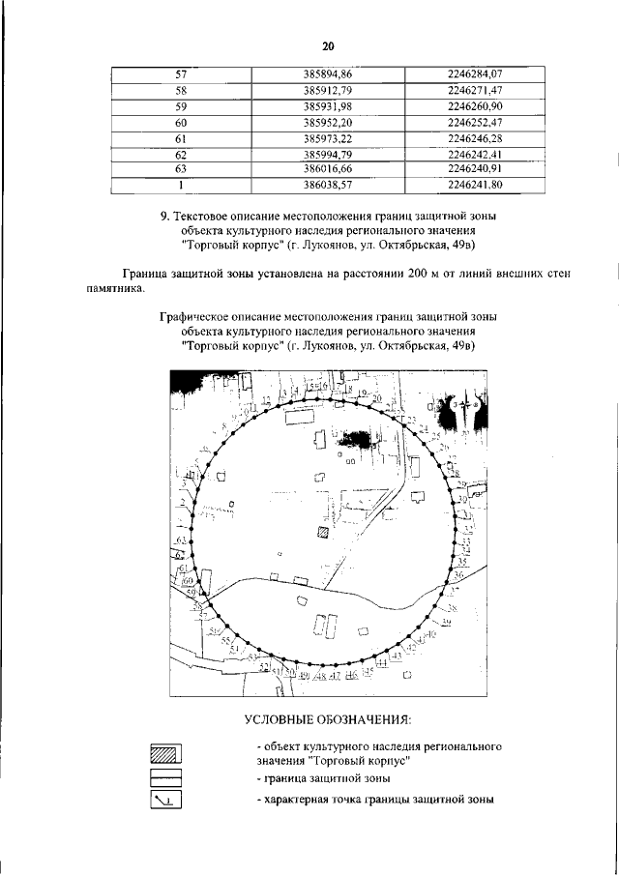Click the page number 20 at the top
(x=328, y=45)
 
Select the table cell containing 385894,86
(x=327, y=74)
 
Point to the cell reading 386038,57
(x=327, y=185)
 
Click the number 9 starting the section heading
(x=164, y=217)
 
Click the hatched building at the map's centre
(x=323, y=531)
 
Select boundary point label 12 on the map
(x=266, y=399)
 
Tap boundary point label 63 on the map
(x=181, y=539)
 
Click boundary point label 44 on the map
(x=382, y=662)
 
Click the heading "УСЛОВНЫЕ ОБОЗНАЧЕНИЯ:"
(x=328, y=720)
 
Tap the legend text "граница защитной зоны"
(x=327, y=777)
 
